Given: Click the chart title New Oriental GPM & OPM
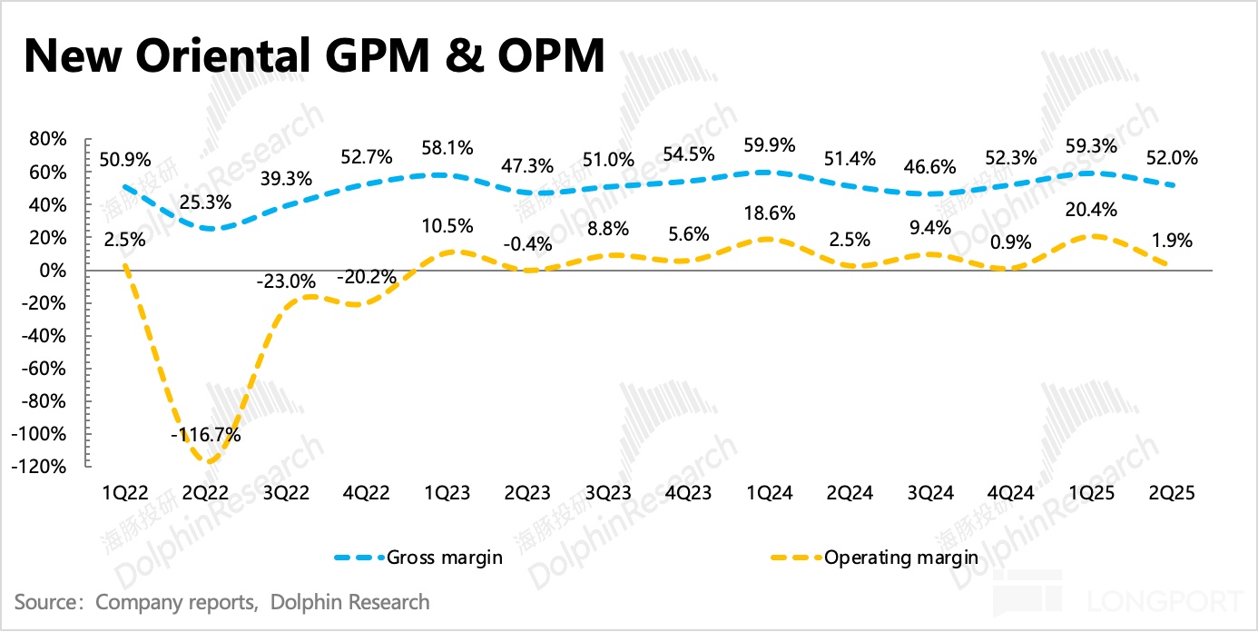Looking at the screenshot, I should (313, 56).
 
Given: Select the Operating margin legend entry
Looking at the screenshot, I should (900, 557).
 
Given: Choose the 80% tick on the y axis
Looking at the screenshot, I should (47, 140).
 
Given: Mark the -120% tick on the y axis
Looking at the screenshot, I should (41, 467).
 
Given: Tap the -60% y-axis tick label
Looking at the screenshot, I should (44, 369).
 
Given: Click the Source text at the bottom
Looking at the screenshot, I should (222, 601).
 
